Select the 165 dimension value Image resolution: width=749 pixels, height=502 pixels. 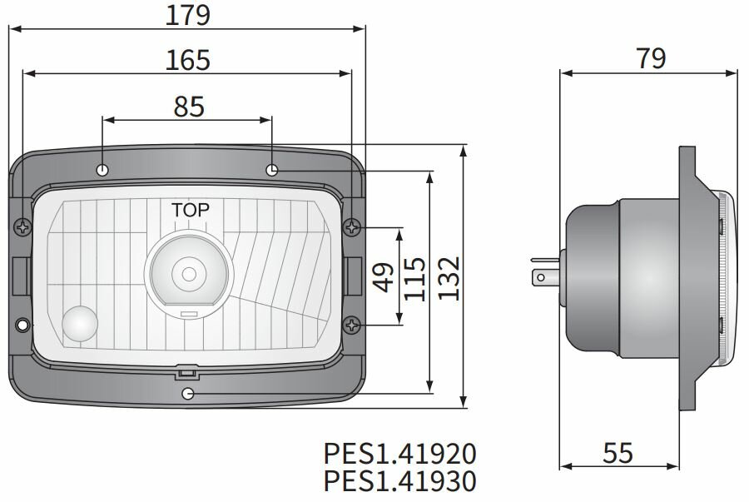click(x=187, y=60)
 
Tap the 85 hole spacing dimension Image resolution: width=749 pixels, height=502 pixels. click(x=189, y=106)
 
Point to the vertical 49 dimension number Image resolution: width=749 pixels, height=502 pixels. click(x=384, y=276)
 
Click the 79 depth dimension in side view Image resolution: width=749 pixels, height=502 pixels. click(x=650, y=58)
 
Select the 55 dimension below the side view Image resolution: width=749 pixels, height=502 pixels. click(x=618, y=453)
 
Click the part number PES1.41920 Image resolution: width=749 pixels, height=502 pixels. click(x=399, y=454)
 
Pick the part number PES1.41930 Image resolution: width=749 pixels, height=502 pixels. click(x=399, y=481)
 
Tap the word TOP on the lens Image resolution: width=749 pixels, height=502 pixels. click(x=191, y=210)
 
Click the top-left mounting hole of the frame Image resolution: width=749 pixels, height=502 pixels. click(x=102, y=170)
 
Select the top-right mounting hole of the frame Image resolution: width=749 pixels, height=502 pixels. click(x=272, y=170)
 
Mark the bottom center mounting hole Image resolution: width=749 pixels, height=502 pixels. click(x=188, y=393)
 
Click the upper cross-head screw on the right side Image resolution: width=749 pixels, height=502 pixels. click(x=355, y=226)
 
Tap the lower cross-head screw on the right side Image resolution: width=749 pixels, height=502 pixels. click(x=355, y=324)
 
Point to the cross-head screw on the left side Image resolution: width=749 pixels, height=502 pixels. click(x=22, y=226)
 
